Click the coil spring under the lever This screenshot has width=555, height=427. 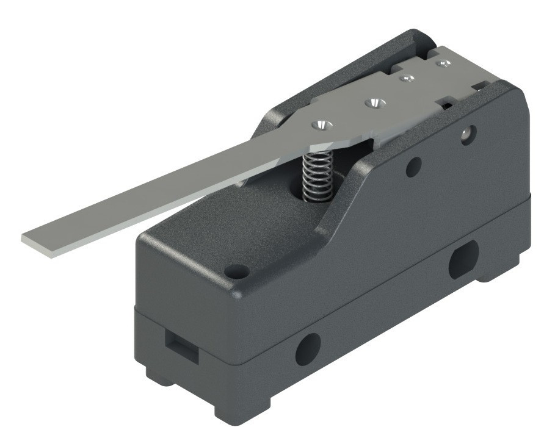316,174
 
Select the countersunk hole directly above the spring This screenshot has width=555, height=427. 321,124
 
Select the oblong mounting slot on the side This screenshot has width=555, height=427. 463,258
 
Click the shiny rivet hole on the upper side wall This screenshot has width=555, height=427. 467,133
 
